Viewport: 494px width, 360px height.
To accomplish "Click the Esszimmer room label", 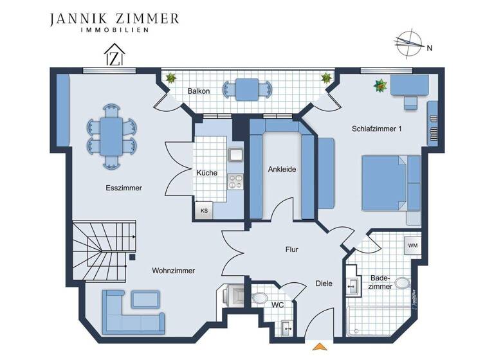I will pyautogui.click(x=123, y=188).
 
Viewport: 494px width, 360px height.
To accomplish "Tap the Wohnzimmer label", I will pyautogui.click(x=174, y=271).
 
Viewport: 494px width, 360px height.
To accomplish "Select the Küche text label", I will pyautogui.click(x=206, y=173).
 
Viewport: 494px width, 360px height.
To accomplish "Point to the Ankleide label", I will pyautogui.click(x=282, y=170).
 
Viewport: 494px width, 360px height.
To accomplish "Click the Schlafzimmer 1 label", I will pyautogui.click(x=377, y=129).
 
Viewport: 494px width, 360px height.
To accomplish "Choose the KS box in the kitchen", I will pyautogui.click(x=205, y=210).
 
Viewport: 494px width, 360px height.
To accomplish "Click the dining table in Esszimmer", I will pyautogui.click(x=113, y=136).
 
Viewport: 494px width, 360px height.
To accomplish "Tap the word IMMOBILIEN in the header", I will pyautogui.click(x=114, y=30).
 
